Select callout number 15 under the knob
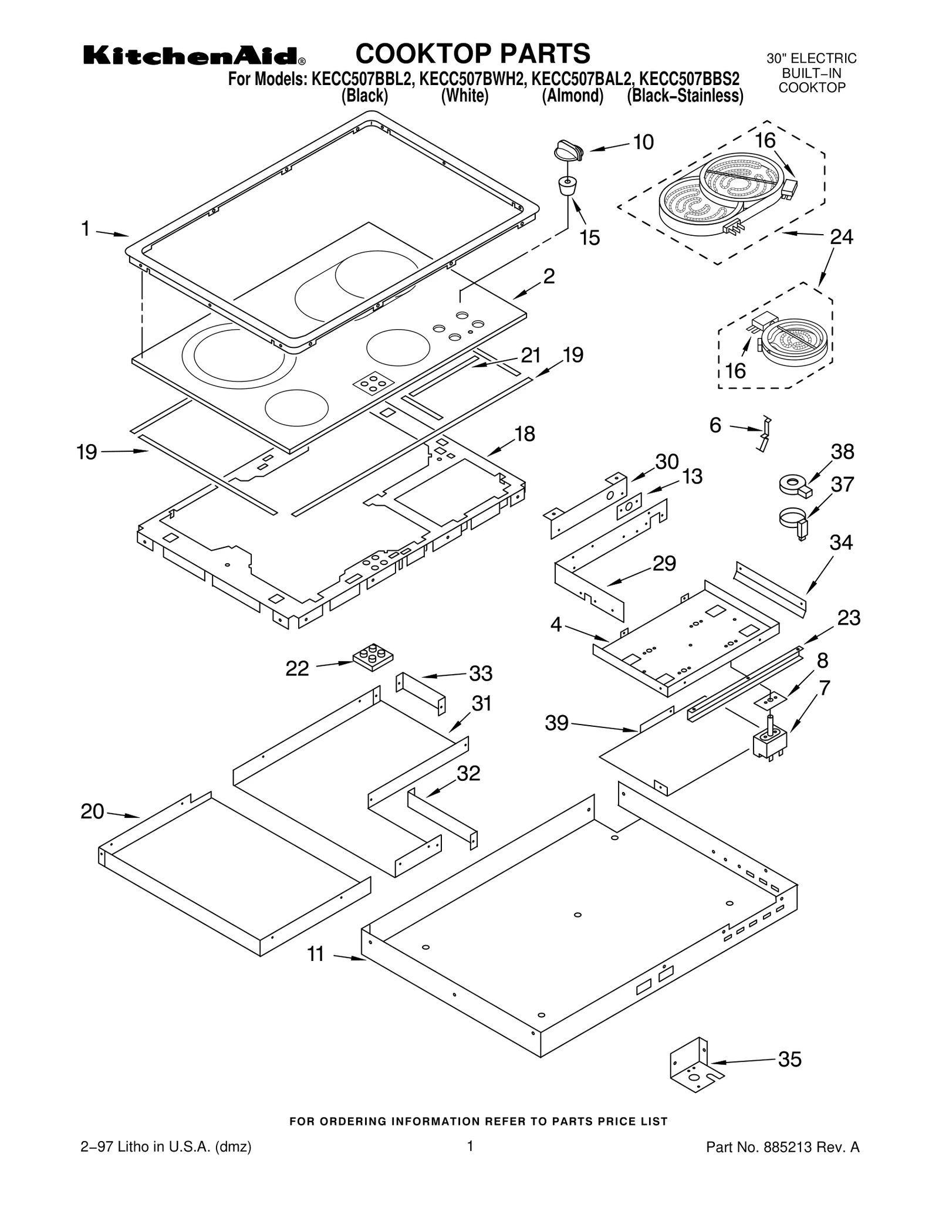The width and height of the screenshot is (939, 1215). [590, 238]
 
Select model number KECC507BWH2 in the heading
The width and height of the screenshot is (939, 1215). [473, 79]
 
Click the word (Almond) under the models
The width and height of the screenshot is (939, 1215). [572, 96]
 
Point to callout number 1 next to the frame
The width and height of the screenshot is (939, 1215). [86, 229]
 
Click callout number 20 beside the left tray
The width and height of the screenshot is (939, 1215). [92, 811]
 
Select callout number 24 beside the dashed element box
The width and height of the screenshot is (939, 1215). [841, 237]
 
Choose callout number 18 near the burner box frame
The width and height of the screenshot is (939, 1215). [524, 434]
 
